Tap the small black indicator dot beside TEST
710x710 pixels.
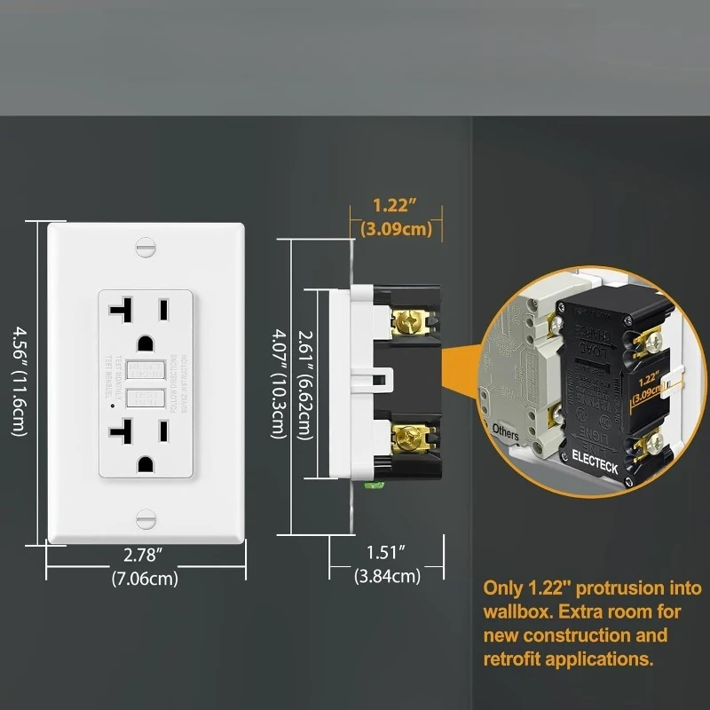112,405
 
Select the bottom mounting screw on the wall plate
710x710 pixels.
145,519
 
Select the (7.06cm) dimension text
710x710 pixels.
145,579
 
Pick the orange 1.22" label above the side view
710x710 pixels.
395,206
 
